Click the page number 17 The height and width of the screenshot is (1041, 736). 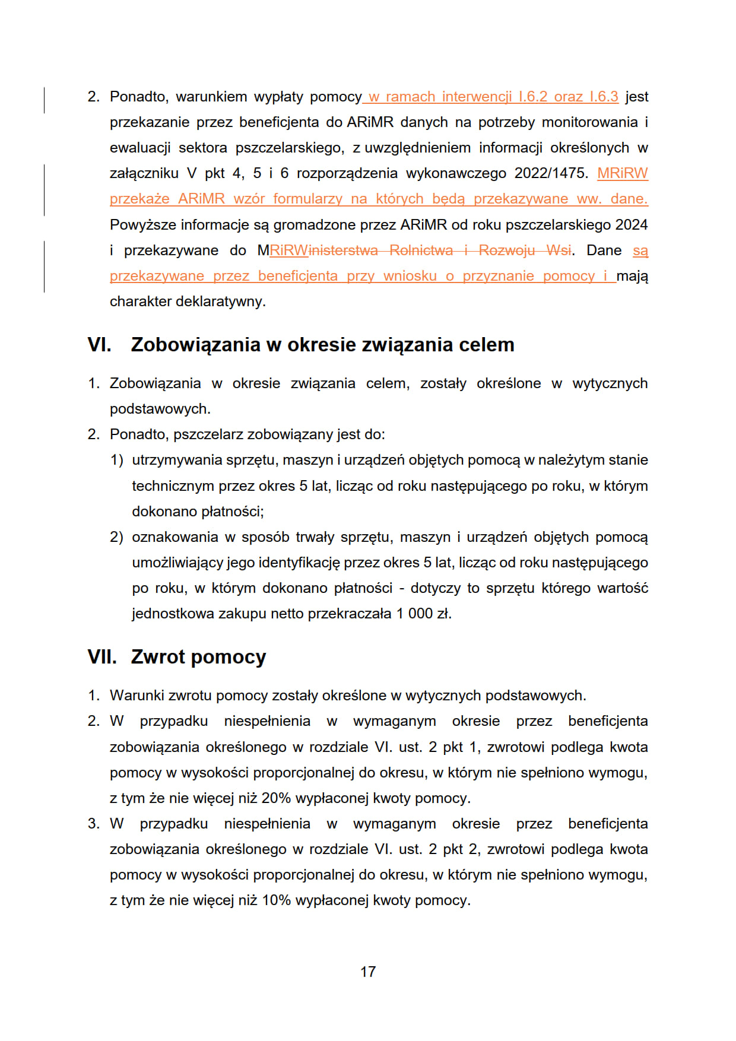coord(367,972)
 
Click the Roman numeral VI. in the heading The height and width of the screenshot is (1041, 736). coord(99,345)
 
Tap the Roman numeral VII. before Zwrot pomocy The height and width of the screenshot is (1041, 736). coord(101,657)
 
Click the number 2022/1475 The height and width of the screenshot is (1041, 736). coord(551,173)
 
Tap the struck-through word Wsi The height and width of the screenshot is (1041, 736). coord(559,250)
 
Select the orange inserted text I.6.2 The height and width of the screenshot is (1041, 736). coord(532,97)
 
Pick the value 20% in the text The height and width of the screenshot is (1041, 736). coord(276,798)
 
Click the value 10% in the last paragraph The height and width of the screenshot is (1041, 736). coord(276,900)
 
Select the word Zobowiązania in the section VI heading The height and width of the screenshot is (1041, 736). coord(195,345)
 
